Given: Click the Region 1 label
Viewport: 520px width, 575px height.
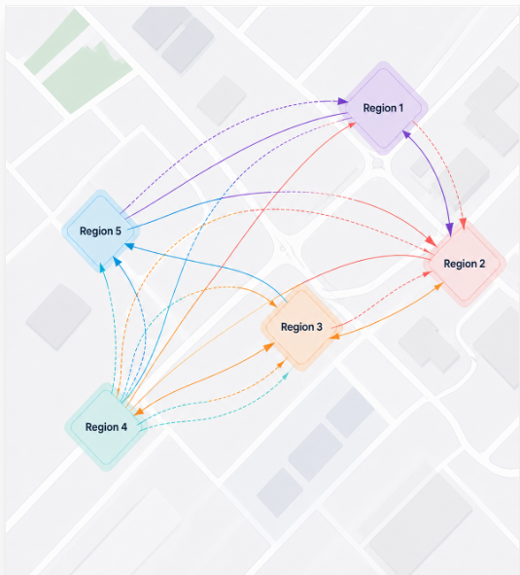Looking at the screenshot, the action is pyautogui.click(x=383, y=108).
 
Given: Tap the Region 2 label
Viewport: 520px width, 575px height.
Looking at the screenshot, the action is pyautogui.click(x=465, y=264).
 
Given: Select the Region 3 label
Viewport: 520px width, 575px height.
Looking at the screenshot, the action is pyautogui.click(x=301, y=327).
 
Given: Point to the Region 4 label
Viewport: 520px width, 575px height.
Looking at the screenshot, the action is pyautogui.click(x=106, y=427).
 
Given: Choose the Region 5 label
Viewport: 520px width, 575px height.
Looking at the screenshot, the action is pyautogui.click(x=100, y=231).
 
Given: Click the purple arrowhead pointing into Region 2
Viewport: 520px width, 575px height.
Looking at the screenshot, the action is pyautogui.click(x=449, y=231).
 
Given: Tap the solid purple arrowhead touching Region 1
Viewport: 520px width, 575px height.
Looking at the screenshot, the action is pyautogui.click(x=406, y=134).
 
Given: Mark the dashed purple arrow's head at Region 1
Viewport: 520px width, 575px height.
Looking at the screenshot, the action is pyautogui.click(x=343, y=101).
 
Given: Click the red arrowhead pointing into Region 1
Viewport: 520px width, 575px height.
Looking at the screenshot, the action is pyautogui.click(x=352, y=126).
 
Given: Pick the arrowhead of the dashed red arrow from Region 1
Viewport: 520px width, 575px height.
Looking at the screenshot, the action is pyautogui.click(x=464, y=224).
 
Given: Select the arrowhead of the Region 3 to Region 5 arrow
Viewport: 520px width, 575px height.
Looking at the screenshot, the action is pyautogui.click(x=129, y=246).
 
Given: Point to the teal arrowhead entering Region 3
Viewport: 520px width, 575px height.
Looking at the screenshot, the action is pyautogui.click(x=286, y=376).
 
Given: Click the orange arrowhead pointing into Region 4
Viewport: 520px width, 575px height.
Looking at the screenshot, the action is pyautogui.click(x=139, y=412).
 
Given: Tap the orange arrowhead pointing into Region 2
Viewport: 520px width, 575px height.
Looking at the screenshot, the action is pyautogui.click(x=438, y=286).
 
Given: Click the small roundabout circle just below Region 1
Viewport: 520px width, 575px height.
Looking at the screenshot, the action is pyautogui.click(x=378, y=163).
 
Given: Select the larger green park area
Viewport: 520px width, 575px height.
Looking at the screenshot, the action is pyautogui.click(x=87, y=77).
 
